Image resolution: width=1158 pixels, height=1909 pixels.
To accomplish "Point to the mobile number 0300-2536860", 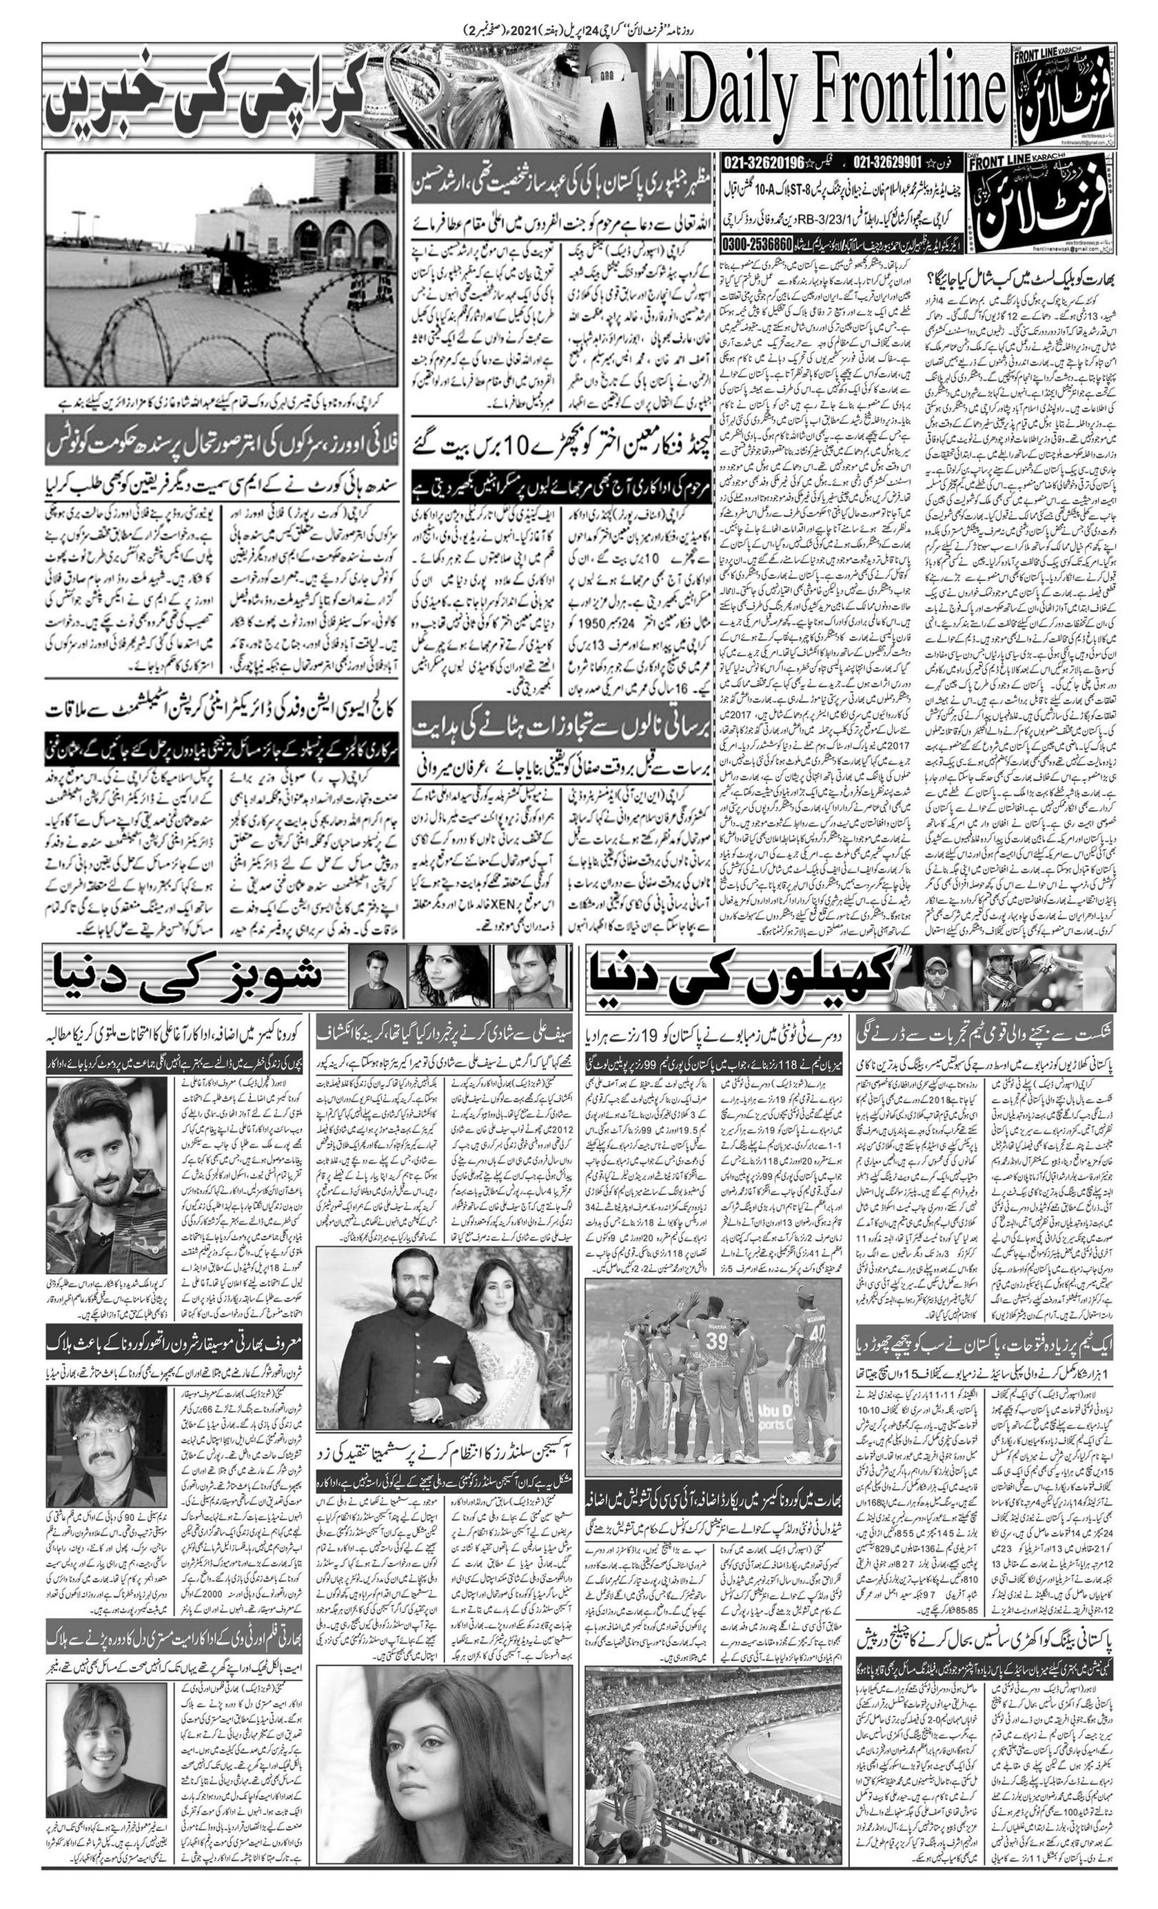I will pos(757,243).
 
